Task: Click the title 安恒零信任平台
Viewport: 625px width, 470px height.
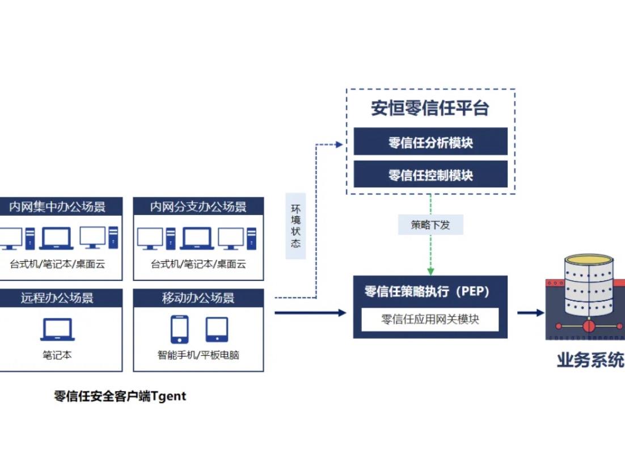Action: tap(430, 108)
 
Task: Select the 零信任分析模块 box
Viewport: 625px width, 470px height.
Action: tap(430, 142)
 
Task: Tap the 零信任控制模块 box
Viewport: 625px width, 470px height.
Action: tap(430, 175)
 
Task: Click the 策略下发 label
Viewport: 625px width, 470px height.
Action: tap(430, 225)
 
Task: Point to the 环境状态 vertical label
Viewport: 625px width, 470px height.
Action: tap(295, 226)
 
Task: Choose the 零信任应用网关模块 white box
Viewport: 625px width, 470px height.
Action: tap(430, 320)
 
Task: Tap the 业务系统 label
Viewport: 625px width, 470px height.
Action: tap(590, 360)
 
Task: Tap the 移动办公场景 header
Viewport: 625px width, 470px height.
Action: tap(199, 298)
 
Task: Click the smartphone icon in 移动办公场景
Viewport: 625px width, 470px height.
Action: tap(180, 329)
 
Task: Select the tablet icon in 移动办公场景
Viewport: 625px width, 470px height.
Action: tap(217, 329)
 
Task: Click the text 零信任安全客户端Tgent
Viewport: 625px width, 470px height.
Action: tap(120, 396)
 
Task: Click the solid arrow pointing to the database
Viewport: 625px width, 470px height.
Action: tap(530, 313)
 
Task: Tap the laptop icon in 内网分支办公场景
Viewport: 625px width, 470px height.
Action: tap(197, 238)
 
